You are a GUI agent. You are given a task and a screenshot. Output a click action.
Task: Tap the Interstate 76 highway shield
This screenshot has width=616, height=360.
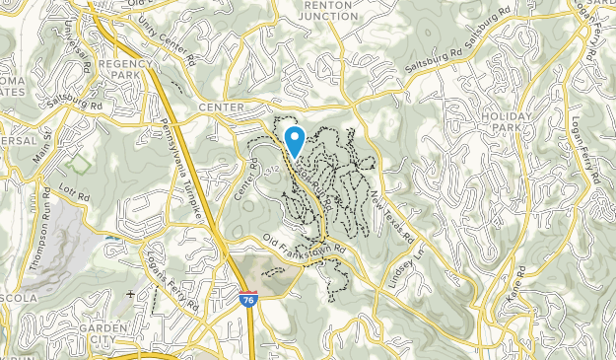point(247,296)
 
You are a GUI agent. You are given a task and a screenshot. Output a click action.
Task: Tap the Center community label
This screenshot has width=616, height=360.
point(220,107)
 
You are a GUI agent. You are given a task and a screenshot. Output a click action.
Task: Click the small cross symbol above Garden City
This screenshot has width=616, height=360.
point(131,294)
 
